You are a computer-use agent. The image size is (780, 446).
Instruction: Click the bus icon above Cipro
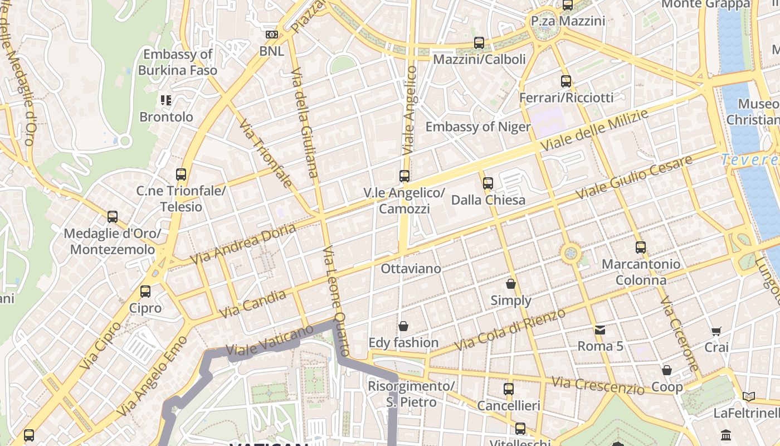(145, 291)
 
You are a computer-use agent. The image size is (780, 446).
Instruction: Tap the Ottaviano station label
(411, 268)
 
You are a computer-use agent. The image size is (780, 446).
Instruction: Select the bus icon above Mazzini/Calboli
(479, 43)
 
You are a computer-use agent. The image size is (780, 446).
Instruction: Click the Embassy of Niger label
(477, 127)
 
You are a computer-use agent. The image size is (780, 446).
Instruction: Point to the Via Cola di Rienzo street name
(510, 329)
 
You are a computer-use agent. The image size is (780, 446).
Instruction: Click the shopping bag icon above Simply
(510, 284)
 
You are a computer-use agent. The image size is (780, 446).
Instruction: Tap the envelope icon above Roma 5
(600, 329)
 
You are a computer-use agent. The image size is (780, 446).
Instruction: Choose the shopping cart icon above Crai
(716, 331)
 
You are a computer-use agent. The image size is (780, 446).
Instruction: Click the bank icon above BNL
(272, 35)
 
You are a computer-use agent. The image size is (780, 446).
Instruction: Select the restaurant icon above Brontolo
(166, 100)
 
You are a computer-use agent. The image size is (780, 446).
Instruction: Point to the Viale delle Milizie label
(594, 130)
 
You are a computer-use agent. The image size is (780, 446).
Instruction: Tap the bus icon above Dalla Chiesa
(488, 183)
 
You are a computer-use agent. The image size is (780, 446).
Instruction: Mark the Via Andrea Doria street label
(243, 244)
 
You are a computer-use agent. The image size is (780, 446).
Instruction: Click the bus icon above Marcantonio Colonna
(641, 248)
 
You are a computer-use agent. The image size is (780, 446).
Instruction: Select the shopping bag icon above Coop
(667, 371)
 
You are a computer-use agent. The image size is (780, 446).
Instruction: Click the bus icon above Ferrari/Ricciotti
(566, 81)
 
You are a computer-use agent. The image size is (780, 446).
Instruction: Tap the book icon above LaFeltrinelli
(749, 396)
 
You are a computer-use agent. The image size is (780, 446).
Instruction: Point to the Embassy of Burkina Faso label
(177, 62)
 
